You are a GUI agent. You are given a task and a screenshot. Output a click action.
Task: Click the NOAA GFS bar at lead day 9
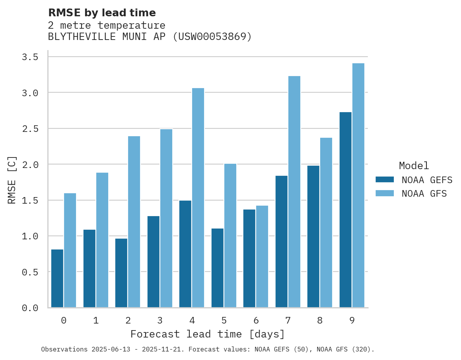[358, 185]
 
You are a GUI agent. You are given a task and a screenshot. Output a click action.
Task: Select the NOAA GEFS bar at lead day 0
[57, 279]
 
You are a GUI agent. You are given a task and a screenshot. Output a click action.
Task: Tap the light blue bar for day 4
[198, 198]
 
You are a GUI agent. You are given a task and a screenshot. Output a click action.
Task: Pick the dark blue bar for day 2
[121, 273]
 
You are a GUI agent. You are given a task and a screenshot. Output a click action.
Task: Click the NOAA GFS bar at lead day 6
[262, 256]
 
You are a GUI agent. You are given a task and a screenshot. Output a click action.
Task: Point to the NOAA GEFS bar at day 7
[281, 242]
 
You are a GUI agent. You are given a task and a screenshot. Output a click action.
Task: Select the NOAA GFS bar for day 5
[230, 235]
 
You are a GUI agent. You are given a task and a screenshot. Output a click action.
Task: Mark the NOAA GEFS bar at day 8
[313, 237]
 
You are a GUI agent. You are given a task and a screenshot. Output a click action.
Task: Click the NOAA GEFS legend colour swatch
[385, 180]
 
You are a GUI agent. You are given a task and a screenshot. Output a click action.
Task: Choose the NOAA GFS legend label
[424, 194]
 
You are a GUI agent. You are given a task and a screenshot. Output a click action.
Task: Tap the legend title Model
[414, 166]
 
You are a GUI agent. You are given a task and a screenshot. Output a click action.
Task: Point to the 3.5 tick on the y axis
[30, 57]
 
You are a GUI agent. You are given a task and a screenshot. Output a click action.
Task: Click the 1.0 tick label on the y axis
[30, 236]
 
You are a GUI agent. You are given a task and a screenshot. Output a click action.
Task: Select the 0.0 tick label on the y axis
[30, 308]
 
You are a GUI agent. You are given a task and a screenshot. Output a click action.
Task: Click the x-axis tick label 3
[160, 320]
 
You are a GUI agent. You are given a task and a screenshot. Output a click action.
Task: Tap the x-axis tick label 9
[352, 320]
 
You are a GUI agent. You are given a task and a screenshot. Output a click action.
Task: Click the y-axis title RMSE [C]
[12, 180]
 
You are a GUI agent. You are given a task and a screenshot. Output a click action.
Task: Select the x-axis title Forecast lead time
[208, 334]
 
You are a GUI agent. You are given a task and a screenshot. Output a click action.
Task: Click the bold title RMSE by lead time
[102, 13]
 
